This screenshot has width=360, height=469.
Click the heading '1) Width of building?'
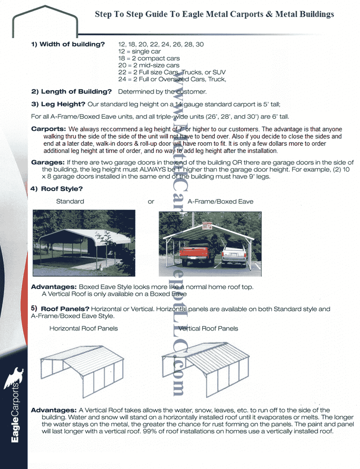[x=68, y=44]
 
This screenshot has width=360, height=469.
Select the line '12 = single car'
[x=139, y=51]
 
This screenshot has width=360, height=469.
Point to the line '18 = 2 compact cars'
[x=149, y=58]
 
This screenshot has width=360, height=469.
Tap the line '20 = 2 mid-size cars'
[x=149, y=65]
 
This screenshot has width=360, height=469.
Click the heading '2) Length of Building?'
[x=71, y=92]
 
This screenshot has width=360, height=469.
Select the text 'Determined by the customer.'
[x=162, y=92]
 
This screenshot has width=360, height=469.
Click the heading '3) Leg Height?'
[x=58, y=104]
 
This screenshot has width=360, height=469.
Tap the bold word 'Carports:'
[x=48, y=129]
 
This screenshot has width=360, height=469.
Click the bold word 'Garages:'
[x=48, y=162]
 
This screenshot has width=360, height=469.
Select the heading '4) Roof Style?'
[x=57, y=189]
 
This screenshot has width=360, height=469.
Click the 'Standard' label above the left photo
[x=70, y=201]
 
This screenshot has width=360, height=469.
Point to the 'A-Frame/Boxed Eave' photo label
[x=220, y=201]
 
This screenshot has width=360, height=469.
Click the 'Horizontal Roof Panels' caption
[x=83, y=328]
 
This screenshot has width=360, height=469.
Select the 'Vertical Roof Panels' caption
[x=208, y=328]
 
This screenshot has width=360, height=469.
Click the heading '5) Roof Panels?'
[x=60, y=309]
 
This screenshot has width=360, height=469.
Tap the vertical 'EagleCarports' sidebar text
[x=15, y=413]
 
